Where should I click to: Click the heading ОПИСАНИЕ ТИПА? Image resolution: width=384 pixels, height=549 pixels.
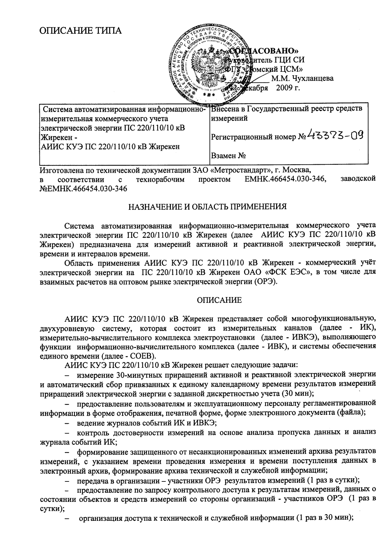[81, 31]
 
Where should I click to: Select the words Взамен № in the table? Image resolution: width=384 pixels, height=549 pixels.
[228, 156]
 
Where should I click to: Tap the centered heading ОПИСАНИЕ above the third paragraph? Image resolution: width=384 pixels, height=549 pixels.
[219, 300]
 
